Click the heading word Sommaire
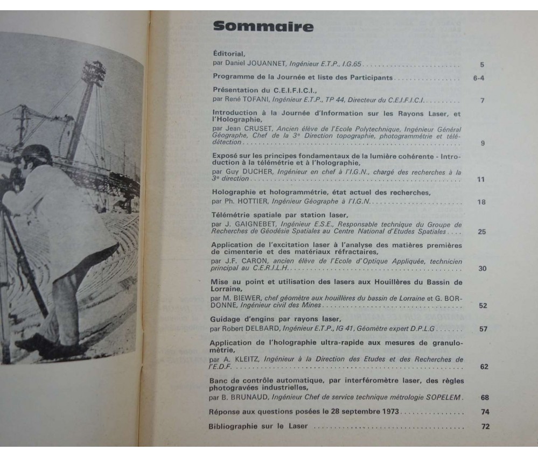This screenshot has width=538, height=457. (263, 27)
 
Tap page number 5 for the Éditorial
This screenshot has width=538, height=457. (482, 64)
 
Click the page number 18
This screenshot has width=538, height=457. (481, 202)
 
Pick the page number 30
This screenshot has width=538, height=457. (482, 268)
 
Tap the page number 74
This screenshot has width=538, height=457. (485, 412)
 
